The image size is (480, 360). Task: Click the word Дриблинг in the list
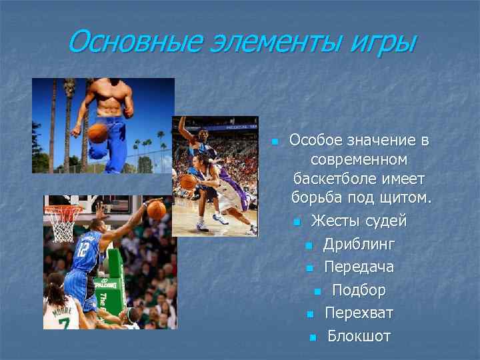(359, 244)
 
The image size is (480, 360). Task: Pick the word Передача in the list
(359, 267)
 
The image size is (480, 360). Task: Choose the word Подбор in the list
(359, 290)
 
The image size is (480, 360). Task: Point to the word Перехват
(359, 313)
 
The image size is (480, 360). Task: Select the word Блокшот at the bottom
(359, 336)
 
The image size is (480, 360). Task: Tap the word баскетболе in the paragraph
(359, 179)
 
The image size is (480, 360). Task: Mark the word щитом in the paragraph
(407, 198)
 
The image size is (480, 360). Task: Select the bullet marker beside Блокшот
(312, 337)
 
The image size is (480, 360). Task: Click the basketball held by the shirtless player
(98, 132)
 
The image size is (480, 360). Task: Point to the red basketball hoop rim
(63, 211)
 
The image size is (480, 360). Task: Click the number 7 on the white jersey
(63, 323)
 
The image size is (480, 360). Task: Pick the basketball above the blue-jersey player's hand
(156, 210)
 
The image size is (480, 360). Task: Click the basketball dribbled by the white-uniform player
(189, 181)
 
